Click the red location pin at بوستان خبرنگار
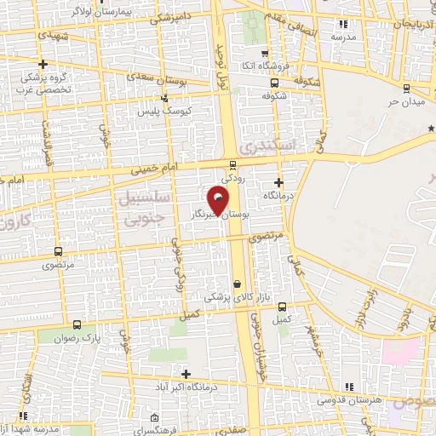tap(220, 202)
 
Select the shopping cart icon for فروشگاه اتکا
tap(264, 53)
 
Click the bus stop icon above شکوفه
tap(274, 83)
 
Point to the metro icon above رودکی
tap(233, 164)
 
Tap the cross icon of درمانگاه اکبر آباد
tap(186, 374)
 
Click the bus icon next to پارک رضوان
tap(77, 324)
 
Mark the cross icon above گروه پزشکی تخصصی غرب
tap(43, 64)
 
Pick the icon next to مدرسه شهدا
tap(24, 415)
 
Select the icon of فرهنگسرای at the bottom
tap(152, 418)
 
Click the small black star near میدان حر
tap(431, 129)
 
